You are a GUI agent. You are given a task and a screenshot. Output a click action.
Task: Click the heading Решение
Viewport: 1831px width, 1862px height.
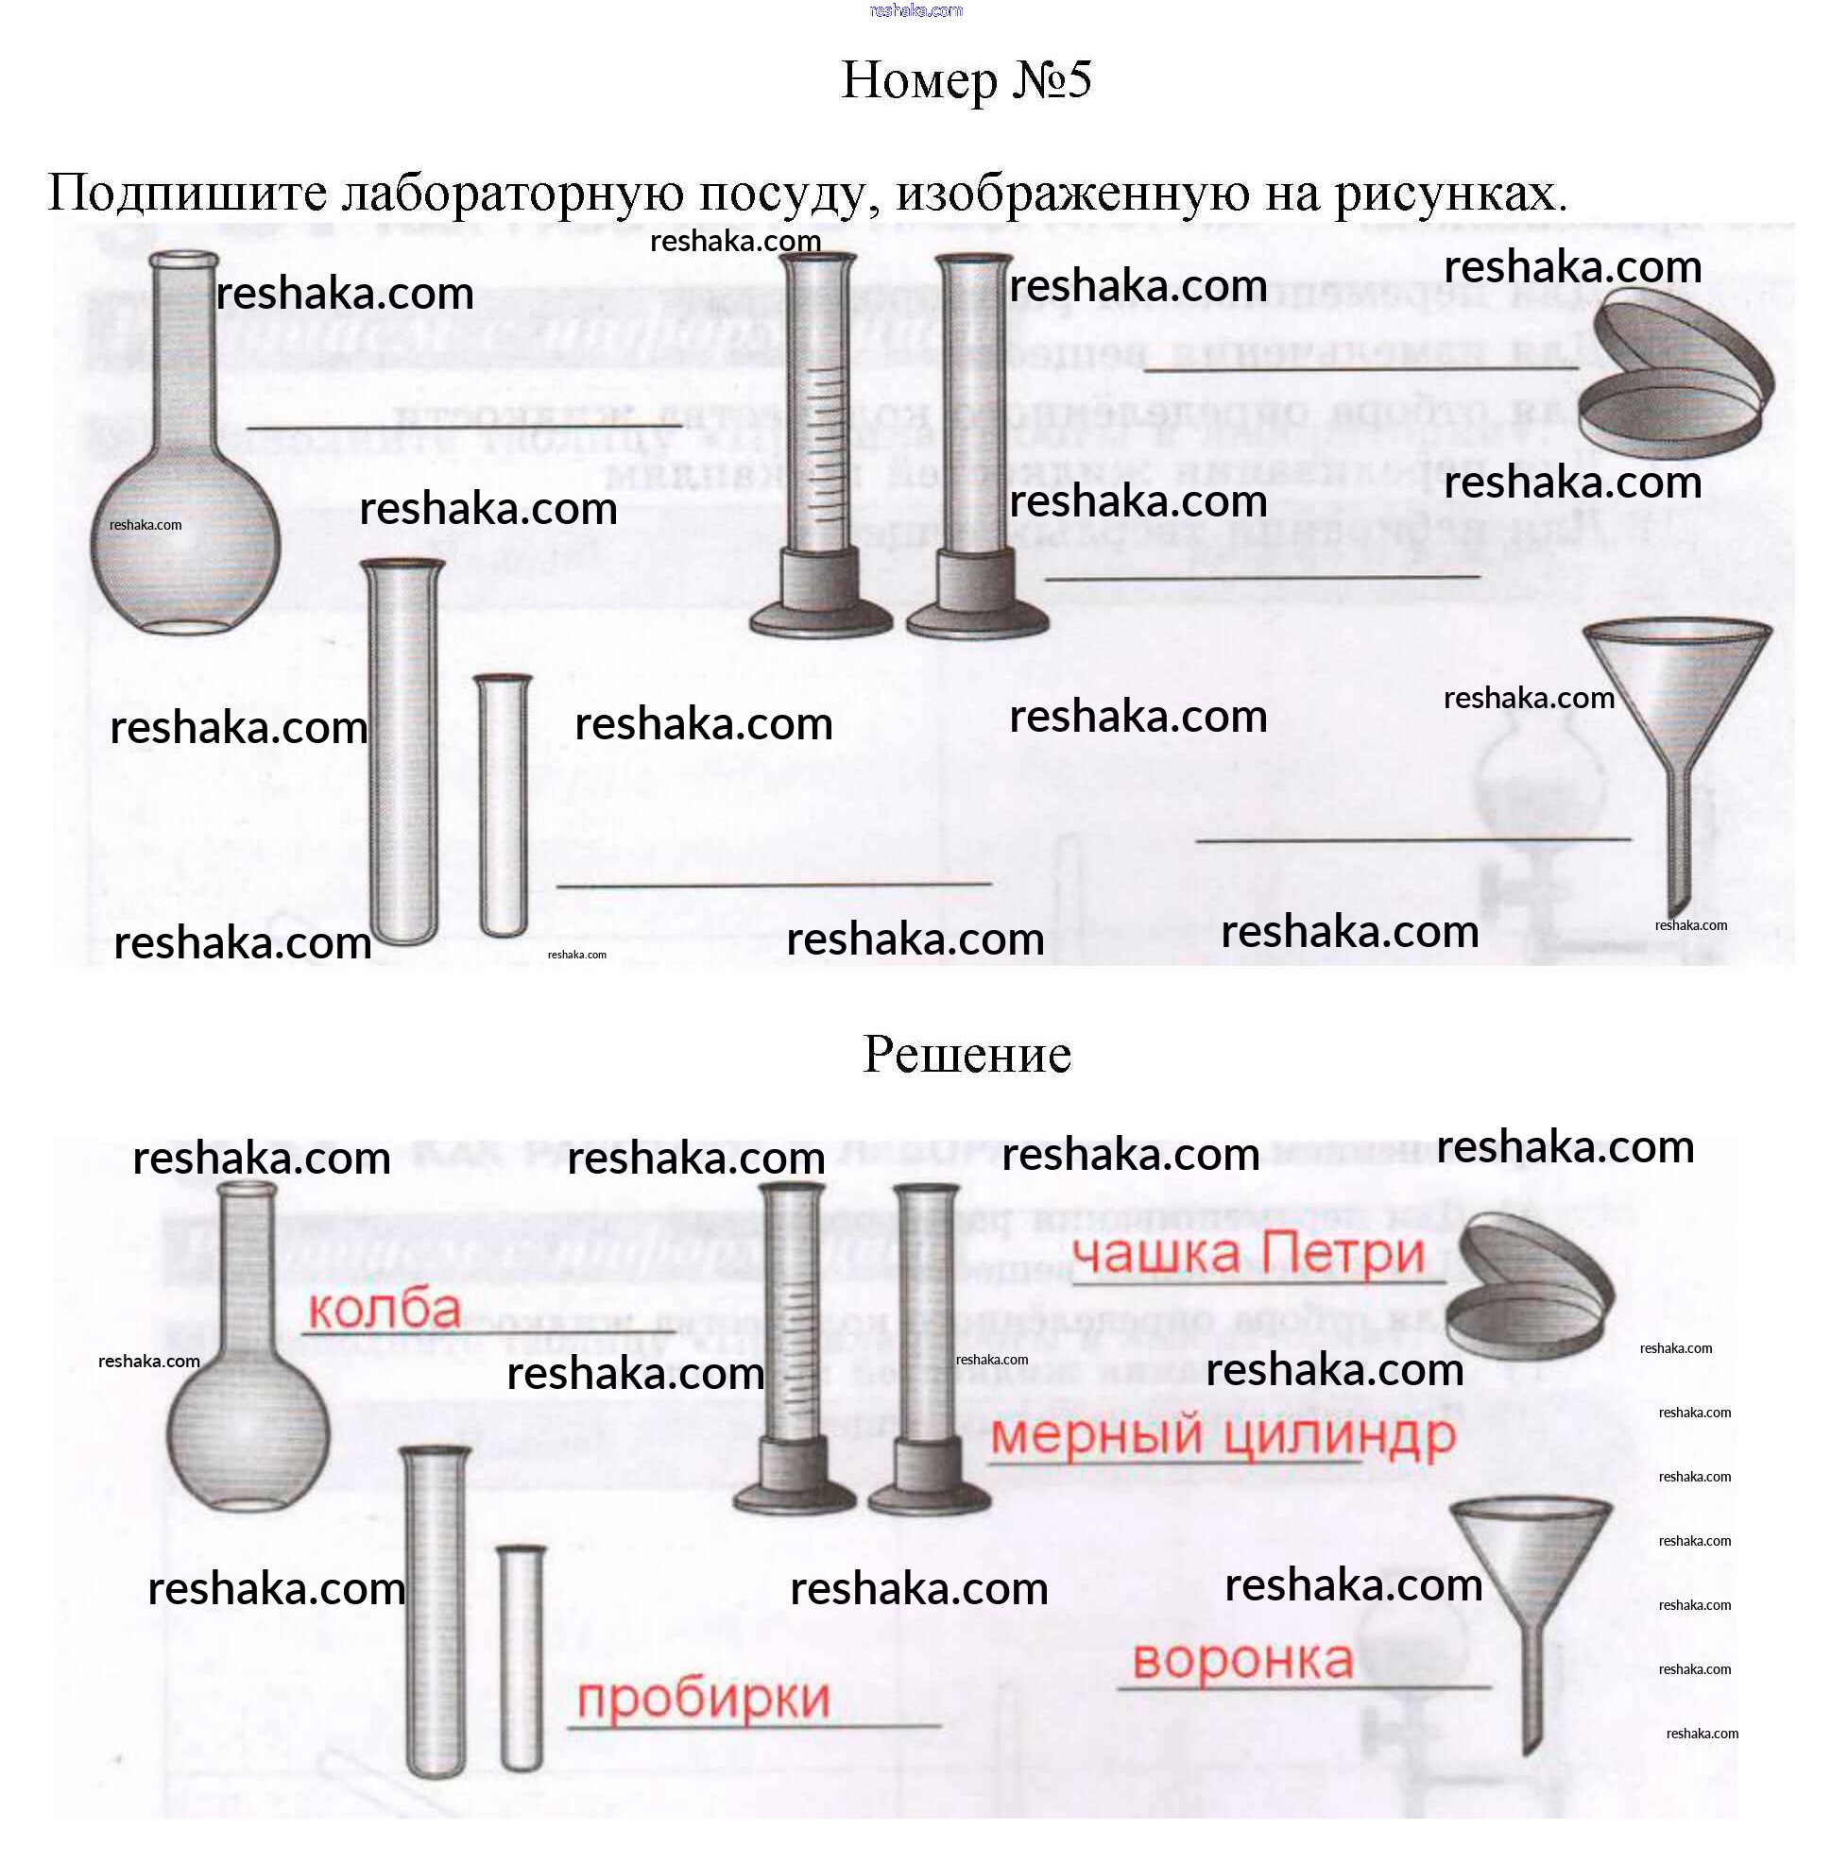click(967, 1055)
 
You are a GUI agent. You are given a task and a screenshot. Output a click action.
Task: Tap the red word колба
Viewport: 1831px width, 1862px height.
click(384, 1310)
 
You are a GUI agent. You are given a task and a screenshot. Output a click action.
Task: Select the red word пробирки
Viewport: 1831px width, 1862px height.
click(703, 1699)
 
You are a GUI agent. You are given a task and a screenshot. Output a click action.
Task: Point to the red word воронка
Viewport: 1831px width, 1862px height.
click(1242, 1660)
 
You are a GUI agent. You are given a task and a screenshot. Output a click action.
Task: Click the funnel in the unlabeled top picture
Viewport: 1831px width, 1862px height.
click(1678, 711)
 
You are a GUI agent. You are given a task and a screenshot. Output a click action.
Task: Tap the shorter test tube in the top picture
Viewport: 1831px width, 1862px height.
click(503, 807)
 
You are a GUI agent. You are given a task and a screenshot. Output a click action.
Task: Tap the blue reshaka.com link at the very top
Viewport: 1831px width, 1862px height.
click(915, 10)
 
